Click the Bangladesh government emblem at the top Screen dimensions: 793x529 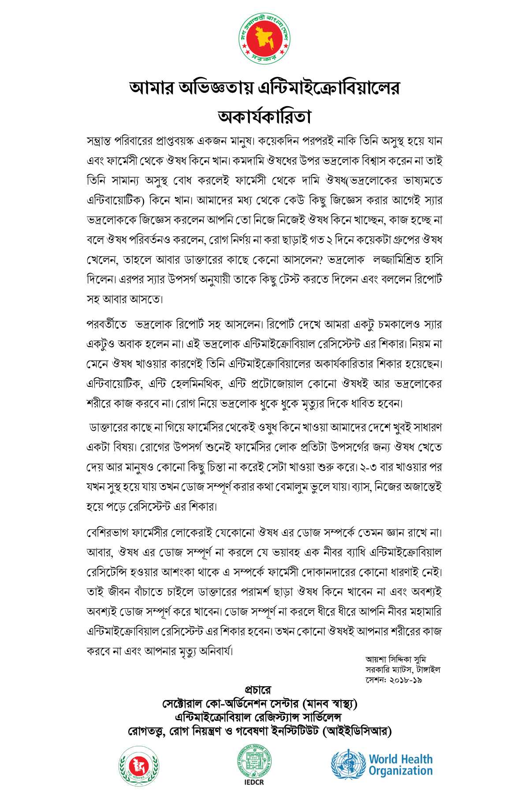(264, 39)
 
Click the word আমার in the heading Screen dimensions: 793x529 (150, 88)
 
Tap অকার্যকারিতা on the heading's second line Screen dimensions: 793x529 (264, 117)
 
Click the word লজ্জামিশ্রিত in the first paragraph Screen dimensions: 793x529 (395, 260)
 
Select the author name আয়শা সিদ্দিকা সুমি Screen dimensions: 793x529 (395, 660)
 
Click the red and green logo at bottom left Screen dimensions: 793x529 (138, 766)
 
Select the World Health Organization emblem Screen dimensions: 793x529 (349, 765)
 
